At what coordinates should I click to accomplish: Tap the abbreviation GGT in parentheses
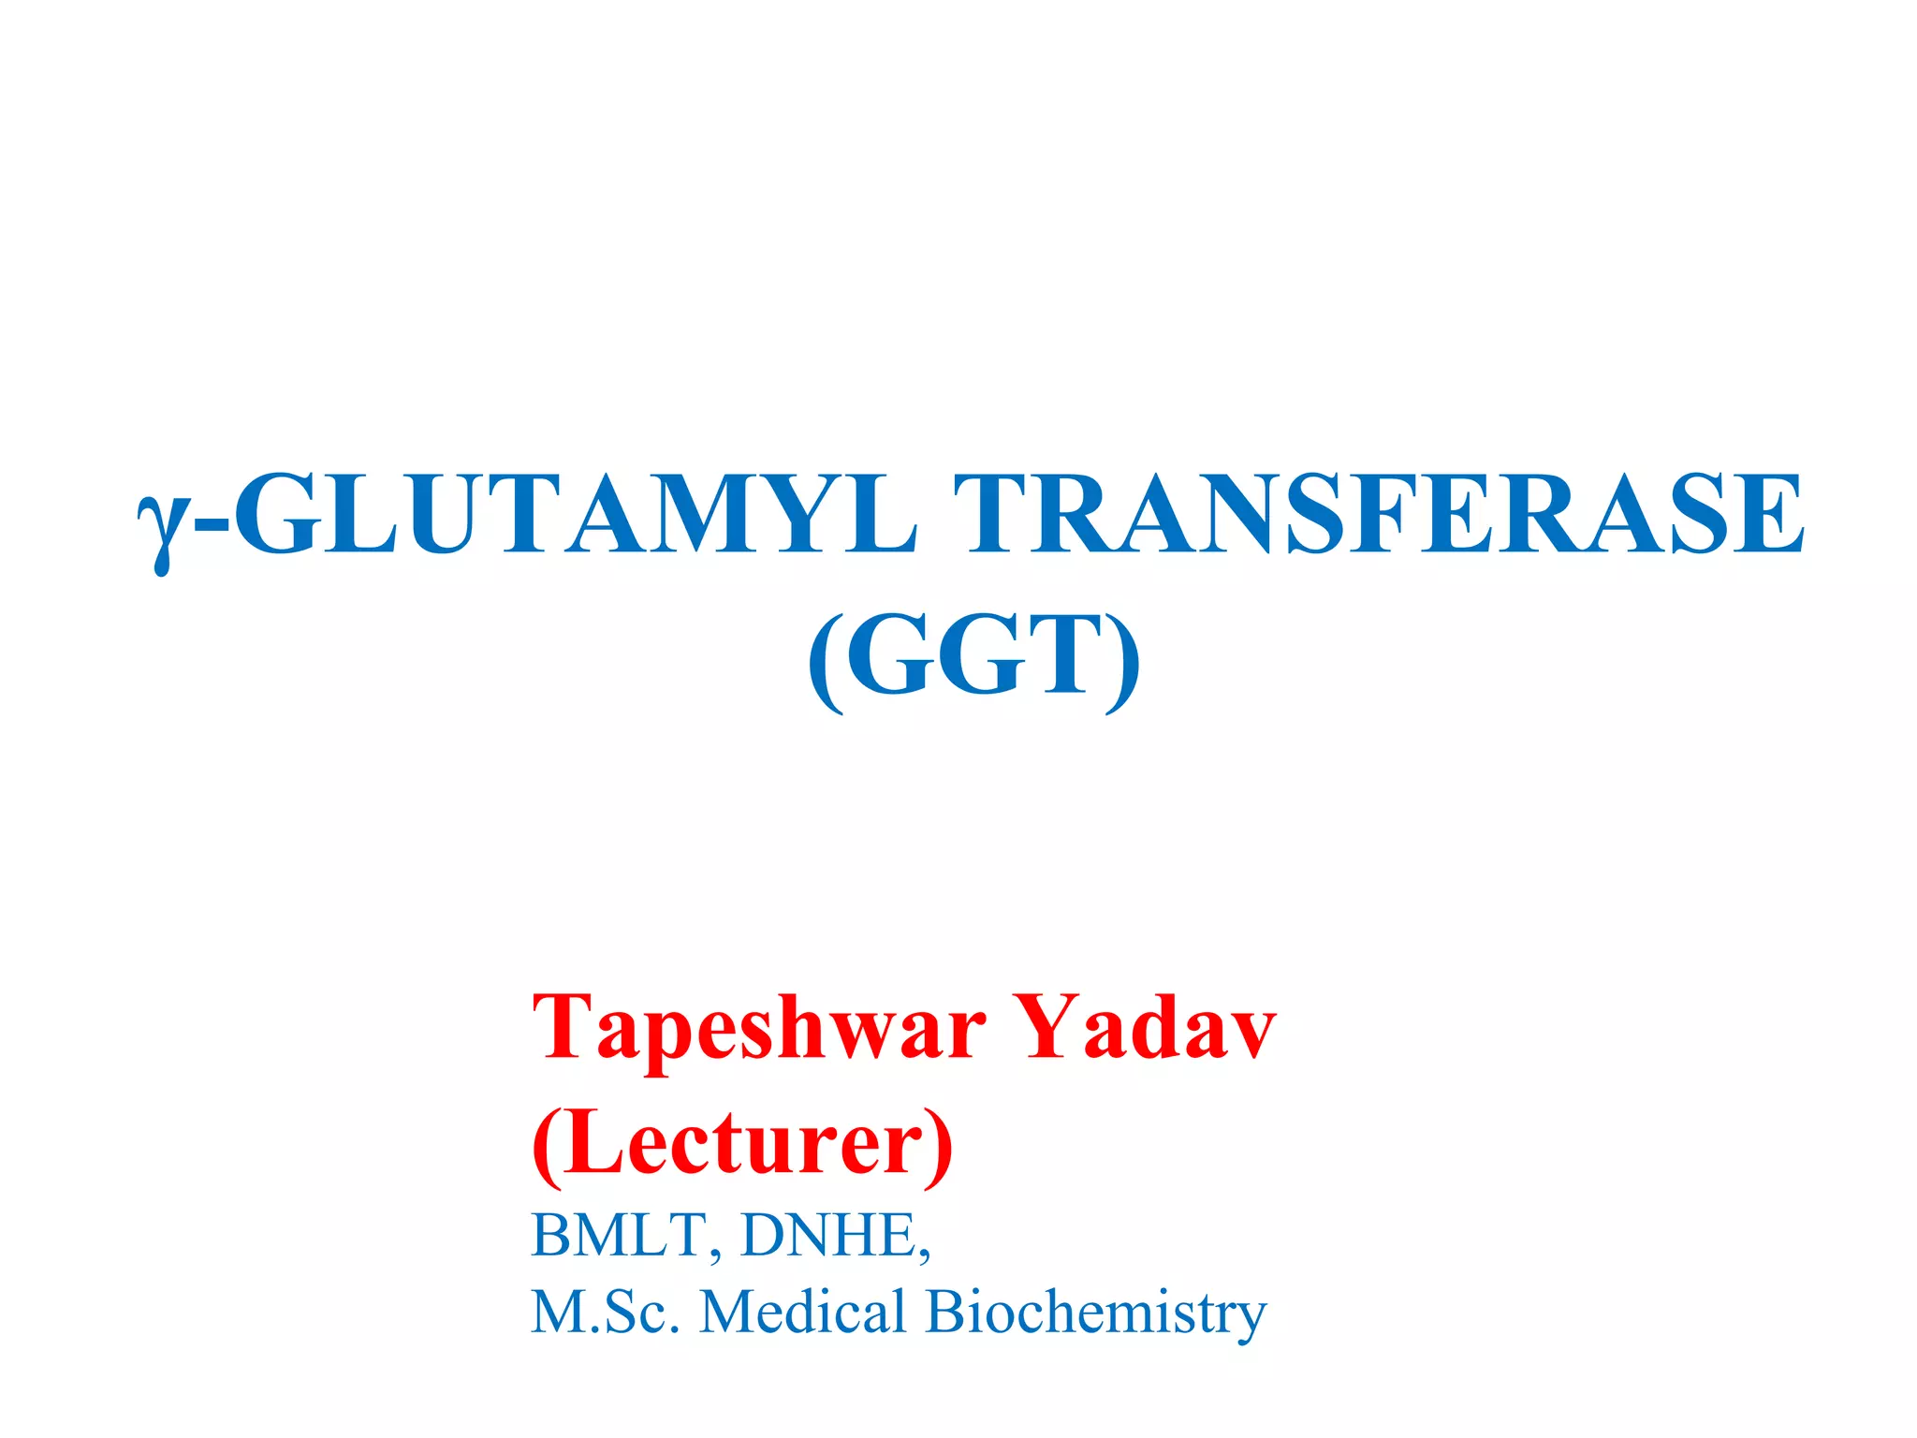pos(973,656)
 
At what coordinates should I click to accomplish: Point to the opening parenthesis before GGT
pos(824,661)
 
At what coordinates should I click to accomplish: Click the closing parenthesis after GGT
pos(1123,661)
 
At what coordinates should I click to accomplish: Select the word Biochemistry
pos(1096,1313)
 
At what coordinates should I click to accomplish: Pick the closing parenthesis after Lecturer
pos(939,1146)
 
